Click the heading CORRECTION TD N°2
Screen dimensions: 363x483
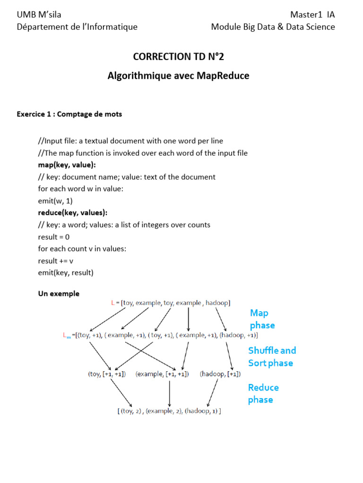click(178, 57)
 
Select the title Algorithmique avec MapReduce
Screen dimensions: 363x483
click(178, 75)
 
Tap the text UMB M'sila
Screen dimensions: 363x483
click(39, 15)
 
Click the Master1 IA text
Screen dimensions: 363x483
click(312, 15)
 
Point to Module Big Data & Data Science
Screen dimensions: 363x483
click(273, 27)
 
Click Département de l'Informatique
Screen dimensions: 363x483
click(77, 27)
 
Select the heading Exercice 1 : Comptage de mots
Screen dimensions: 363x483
click(69, 115)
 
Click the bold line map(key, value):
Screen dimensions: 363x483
click(67, 165)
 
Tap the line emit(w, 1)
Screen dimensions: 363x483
click(55, 201)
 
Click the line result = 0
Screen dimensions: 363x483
click(54, 237)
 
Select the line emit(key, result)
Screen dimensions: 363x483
click(66, 273)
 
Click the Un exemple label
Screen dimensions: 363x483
click(59, 293)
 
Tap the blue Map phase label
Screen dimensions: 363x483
click(262, 319)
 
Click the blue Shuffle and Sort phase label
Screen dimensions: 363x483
click(272, 357)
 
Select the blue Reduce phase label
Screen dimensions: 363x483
click(263, 393)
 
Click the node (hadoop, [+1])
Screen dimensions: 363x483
click(220, 374)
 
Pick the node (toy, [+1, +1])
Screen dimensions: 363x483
click(106, 374)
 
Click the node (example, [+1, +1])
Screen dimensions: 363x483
click(162, 374)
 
